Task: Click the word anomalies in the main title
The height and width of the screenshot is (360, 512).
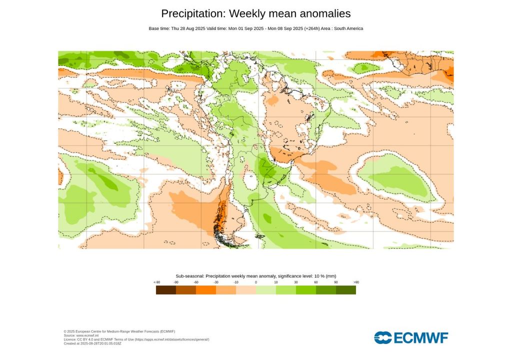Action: [322, 13]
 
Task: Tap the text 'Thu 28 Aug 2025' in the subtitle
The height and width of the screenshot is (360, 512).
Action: [187, 28]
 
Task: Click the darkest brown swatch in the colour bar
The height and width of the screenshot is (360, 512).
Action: [165, 290]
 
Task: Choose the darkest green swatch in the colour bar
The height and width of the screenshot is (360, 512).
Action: [345, 290]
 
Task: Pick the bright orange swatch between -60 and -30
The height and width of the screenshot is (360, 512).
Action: [205, 290]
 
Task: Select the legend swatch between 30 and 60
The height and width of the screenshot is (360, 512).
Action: [305, 290]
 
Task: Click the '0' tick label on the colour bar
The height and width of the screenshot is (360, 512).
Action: [256, 282]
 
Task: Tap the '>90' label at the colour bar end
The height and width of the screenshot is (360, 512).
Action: [356, 282]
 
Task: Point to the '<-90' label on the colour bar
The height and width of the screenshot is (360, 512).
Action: [156, 282]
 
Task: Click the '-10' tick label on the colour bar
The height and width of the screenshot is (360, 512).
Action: [236, 282]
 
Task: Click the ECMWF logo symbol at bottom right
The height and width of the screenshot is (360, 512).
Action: [383, 337]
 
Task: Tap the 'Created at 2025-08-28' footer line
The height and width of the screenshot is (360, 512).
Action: [92, 343]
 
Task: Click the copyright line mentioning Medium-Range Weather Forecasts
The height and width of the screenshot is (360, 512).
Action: [119, 331]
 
